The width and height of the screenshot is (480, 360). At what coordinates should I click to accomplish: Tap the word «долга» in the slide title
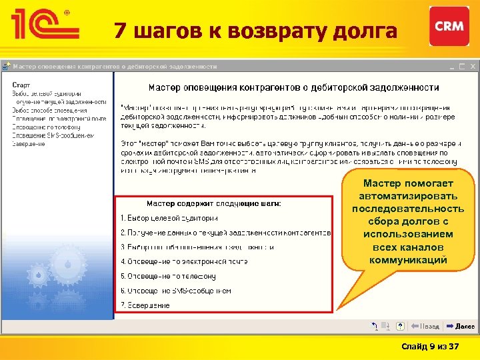coord(367,31)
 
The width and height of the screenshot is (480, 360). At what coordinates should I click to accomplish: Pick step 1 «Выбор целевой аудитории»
coord(169,218)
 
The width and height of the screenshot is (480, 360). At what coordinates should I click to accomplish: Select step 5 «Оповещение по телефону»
coord(169,276)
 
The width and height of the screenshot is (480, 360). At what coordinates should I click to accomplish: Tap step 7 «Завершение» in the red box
coord(145,305)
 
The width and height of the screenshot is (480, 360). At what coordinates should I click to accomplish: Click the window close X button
coord(473,67)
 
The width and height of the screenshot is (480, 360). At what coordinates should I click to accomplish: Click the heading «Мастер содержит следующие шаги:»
coord(213,203)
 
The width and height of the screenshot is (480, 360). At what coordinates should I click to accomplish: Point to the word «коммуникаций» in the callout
coord(408,260)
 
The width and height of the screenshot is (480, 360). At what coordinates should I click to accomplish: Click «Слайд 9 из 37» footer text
coord(430,347)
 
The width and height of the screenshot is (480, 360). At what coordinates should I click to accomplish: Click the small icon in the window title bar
coord(7,67)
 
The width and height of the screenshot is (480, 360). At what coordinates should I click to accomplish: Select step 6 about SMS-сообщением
coord(176,291)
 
